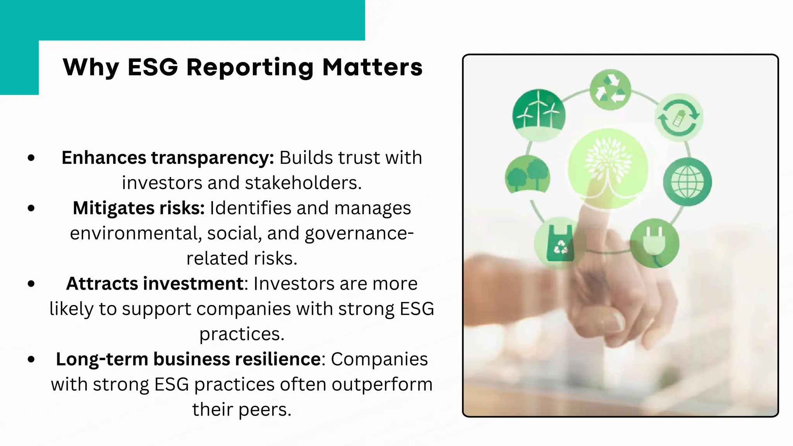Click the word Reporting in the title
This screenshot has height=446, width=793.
point(249,68)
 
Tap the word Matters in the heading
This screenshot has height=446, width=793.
point(372,67)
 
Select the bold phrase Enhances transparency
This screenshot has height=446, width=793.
point(168,158)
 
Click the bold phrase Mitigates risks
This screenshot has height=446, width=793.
point(139,208)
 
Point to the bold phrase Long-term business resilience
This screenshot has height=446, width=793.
point(188,359)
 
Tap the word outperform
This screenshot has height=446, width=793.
point(382,384)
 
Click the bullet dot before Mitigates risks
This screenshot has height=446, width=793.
point(31,208)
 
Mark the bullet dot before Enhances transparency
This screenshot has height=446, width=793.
point(31,158)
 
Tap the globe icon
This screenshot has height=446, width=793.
point(687,182)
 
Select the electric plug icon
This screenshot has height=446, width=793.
point(654,244)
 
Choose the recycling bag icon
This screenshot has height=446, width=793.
point(560,244)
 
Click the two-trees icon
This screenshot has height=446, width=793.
point(527,175)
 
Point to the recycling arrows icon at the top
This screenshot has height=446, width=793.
point(610,89)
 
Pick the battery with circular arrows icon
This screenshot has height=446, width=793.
point(679,117)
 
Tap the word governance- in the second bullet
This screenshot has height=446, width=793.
point(359,233)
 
